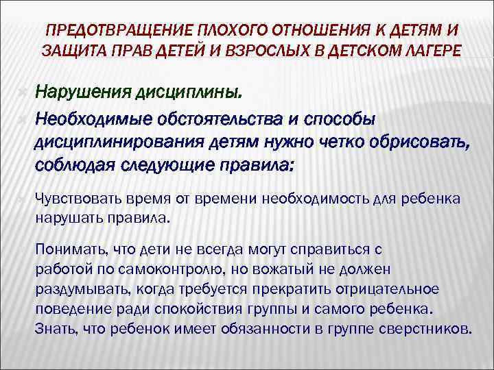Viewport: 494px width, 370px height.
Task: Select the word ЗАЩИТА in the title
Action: pyautogui.click(x=69, y=50)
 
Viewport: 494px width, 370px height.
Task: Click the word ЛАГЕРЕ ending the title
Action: pyautogui.click(x=425, y=50)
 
